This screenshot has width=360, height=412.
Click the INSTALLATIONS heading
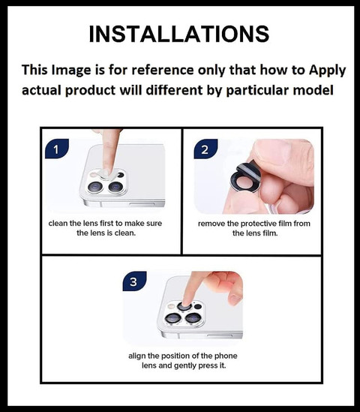pyautogui.click(x=179, y=35)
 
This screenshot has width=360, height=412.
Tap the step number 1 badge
pyautogui.click(x=57, y=149)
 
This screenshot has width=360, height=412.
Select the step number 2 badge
pyautogui.click(x=205, y=149)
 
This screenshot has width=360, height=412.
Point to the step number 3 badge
pyautogui.click(x=134, y=281)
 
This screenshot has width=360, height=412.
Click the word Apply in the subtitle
pyautogui.click(x=327, y=71)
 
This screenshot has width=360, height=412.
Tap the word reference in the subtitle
pyautogui.click(x=163, y=70)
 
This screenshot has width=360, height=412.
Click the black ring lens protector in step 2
pyautogui.click(x=245, y=182)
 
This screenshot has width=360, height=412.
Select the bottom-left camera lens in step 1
pyautogui.click(x=95, y=187)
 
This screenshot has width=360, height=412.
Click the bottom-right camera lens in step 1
pyautogui.click(x=115, y=187)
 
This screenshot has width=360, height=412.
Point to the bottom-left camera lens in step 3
pyautogui.click(x=172, y=318)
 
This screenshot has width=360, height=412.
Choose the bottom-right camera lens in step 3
pyautogui.click(x=193, y=318)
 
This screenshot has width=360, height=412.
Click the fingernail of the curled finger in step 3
pyautogui.click(x=234, y=299)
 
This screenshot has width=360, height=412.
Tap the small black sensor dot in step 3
pyautogui.click(x=198, y=307)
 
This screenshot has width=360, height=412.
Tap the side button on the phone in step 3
pyautogui.click(x=220, y=335)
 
